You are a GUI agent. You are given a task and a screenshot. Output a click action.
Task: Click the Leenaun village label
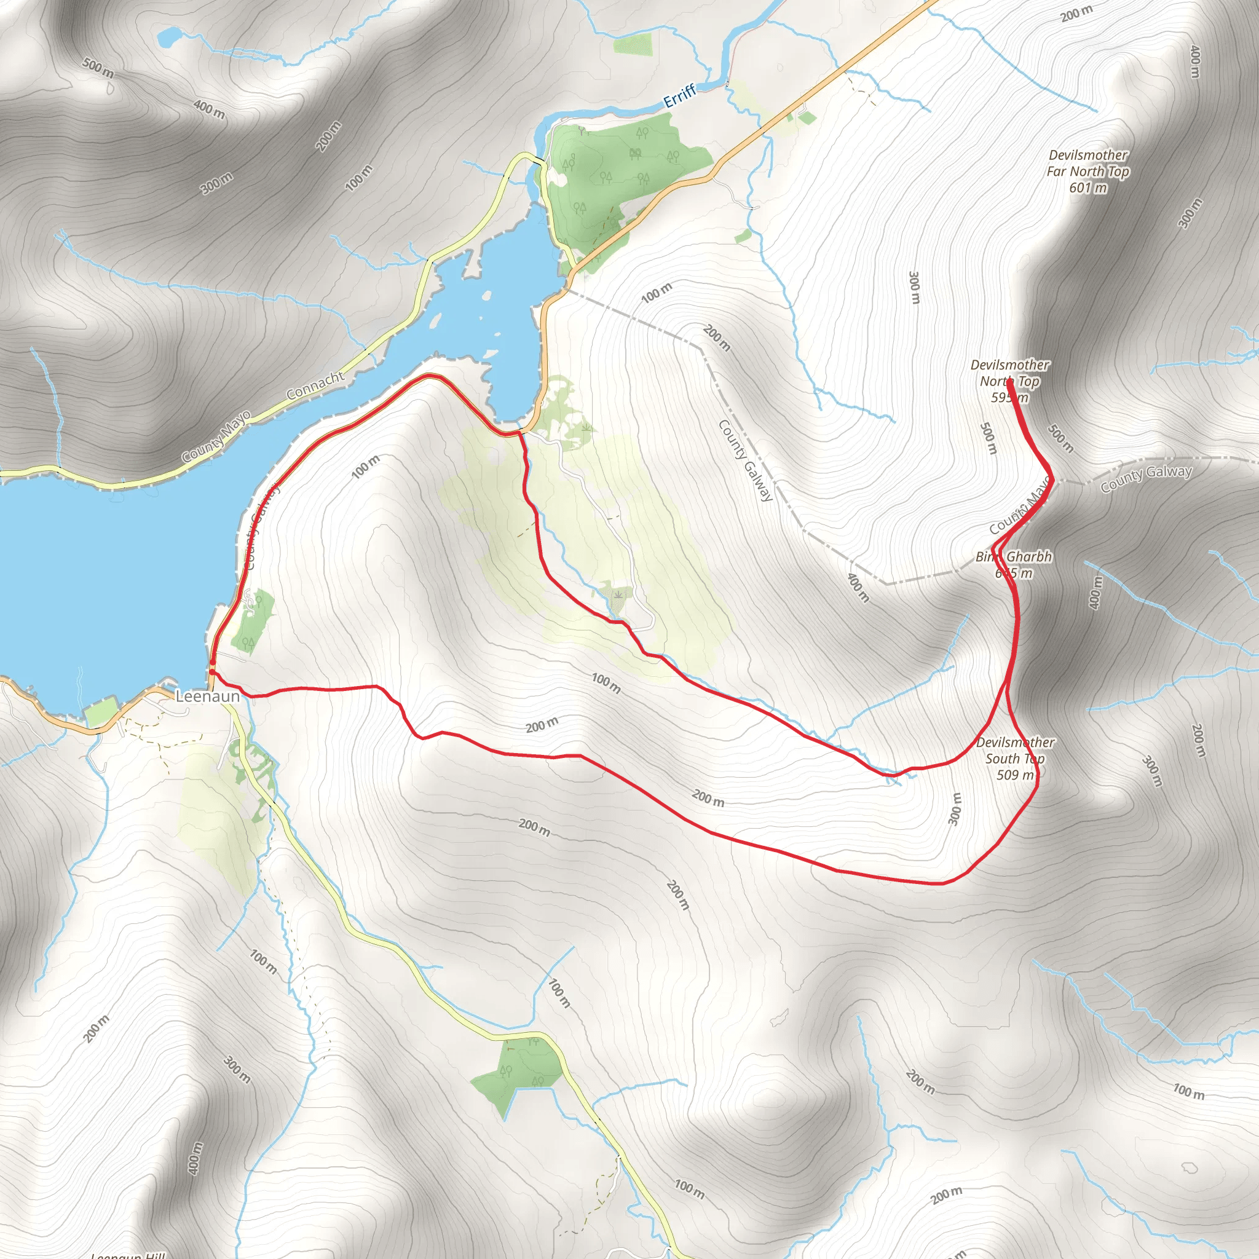pyautogui.click(x=207, y=696)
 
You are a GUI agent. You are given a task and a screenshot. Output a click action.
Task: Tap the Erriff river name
pyautogui.click(x=680, y=97)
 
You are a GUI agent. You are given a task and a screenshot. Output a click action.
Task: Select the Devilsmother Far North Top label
pyautogui.click(x=1087, y=163)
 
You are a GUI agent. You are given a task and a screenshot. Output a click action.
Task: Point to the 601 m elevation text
pyautogui.click(x=1087, y=187)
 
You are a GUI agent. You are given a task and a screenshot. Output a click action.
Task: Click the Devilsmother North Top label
pyautogui.click(x=1010, y=373)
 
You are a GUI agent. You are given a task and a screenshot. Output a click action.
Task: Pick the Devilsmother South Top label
pyautogui.click(x=1016, y=750)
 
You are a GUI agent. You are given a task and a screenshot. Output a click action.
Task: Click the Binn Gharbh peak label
pyautogui.click(x=1013, y=557)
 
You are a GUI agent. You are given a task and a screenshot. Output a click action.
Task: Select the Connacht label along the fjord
pyautogui.click(x=315, y=386)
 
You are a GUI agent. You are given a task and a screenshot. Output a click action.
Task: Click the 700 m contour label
pyautogui.click(x=558, y=994)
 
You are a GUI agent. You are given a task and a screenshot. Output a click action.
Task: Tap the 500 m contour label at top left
pyautogui.click(x=98, y=68)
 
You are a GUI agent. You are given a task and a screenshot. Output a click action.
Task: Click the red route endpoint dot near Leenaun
pyautogui.click(x=213, y=671)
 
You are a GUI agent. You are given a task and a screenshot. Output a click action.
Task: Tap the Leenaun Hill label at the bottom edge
pyautogui.click(x=128, y=1255)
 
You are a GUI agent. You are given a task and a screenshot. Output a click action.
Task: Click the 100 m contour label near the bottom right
pyautogui.click(x=1189, y=1091)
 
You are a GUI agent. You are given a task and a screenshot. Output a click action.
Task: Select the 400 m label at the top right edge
pyautogui.click(x=1194, y=62)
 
